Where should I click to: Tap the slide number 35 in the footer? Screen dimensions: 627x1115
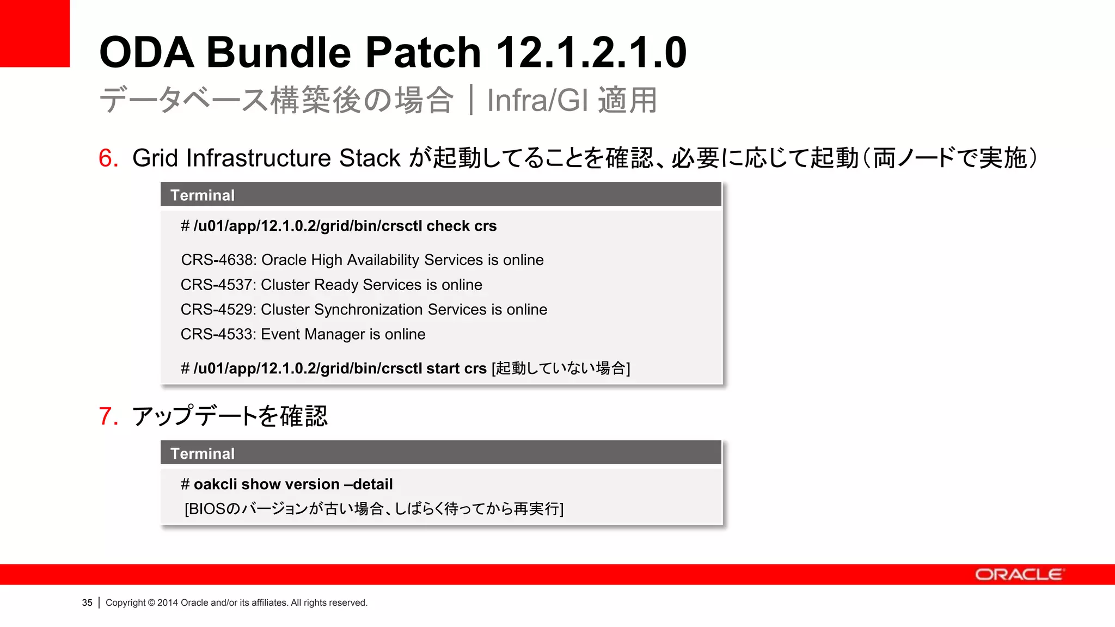pyautogui.click(x=87, y=603)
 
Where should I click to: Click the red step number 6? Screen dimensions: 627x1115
pyautogui.click(x=108, y=158)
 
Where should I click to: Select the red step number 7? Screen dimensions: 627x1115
pyautogui.click(x=108, y=416)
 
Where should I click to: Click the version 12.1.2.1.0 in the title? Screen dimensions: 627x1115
pyautogui.click(x=591, y=52)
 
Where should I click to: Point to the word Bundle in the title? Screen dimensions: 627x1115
pyautogui.click(x=279, y=52)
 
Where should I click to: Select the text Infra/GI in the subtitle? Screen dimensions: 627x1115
pyautogui.click(x=537, y=100)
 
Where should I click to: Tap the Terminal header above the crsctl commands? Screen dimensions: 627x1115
pyautogui.click(x=203, y=195)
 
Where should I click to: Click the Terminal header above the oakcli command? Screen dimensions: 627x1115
pyautogui.click(x=203, y=453)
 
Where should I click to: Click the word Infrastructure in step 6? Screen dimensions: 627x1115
pyautogui.click(x=259, y=158)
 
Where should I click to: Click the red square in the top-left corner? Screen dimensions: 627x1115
pyautogui.click(x=35, y=33)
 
